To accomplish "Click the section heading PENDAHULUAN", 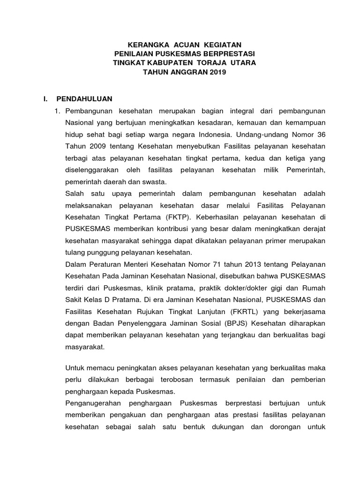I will pos(84,99).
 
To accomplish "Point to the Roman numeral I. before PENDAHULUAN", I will pos(45,99).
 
